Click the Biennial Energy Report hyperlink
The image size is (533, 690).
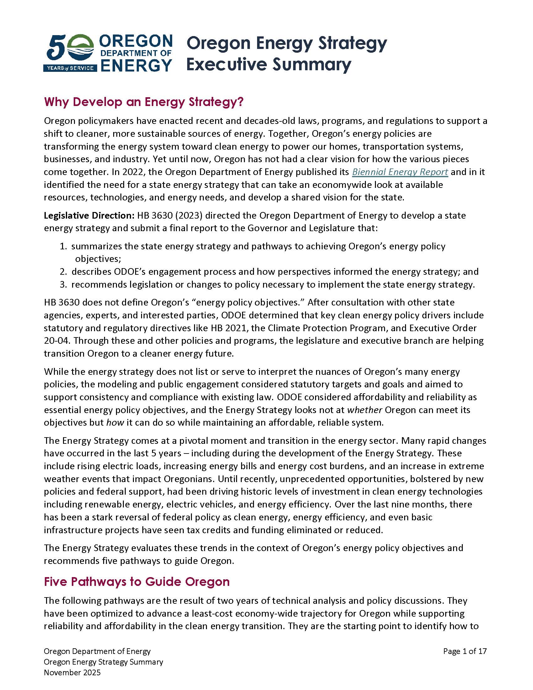point(400,172)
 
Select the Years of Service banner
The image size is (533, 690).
point(70,68)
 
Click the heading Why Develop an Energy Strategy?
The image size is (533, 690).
point(144,102)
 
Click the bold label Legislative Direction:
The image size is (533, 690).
point(89,215)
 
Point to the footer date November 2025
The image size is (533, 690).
point(72,672)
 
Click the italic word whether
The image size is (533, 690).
point(365,410)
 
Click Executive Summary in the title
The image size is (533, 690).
point(268,64)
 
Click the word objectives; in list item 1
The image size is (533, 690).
point(98,259)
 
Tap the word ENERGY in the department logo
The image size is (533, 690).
point(136,65)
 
